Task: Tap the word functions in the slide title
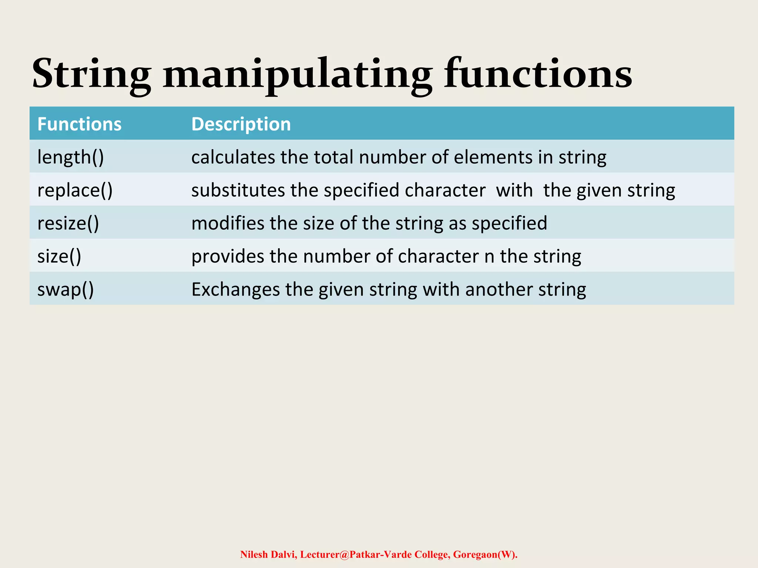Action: (x=538, y=74)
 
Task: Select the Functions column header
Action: (x=79, y=124)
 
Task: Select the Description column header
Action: (x=241, y=124)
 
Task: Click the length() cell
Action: (x=71, y=157)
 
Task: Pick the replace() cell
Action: (x=75, y=190)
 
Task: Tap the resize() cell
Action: (x=68, y=223)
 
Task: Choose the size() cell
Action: (x=59, y=256)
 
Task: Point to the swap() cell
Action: (x=66, y=289)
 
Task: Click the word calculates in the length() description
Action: (x=233, y=157)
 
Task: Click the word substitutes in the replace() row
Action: (x=238, y=190)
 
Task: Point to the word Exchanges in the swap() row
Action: (x=235, y=289)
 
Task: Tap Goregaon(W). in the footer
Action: (x=485, y=554)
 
